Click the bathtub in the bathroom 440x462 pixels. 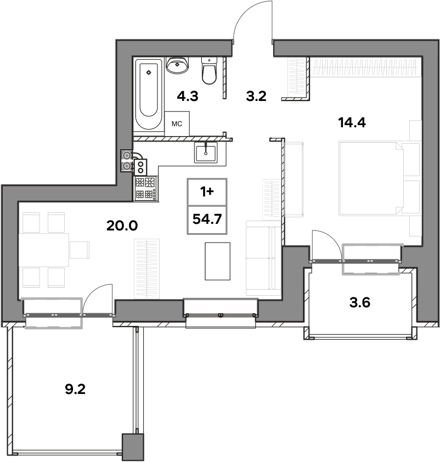[x=149, y=94]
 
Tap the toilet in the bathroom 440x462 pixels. [x=210, y=70]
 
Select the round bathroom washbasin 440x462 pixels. [x=177, y=65]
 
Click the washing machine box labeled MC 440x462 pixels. [x=177, y=124]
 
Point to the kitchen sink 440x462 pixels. [x=206, y=152]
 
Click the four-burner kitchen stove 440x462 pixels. [x=146, y=189]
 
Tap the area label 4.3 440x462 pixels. [x=188, y=96]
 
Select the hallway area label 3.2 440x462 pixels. [x=256, y=96]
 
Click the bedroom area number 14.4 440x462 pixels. [x=352, y=122]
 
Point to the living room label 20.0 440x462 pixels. [x=122, y=226]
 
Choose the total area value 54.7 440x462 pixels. [x=207, y=219]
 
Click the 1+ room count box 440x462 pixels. [x=207, y=192]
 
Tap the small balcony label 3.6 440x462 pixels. [x=359, y=302]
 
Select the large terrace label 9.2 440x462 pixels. [x=75, y=390]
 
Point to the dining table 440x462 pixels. [x=44, y=250]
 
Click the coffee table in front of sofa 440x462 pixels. [x=218, y=261]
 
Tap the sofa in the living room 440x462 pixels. [x=263, y=258]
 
